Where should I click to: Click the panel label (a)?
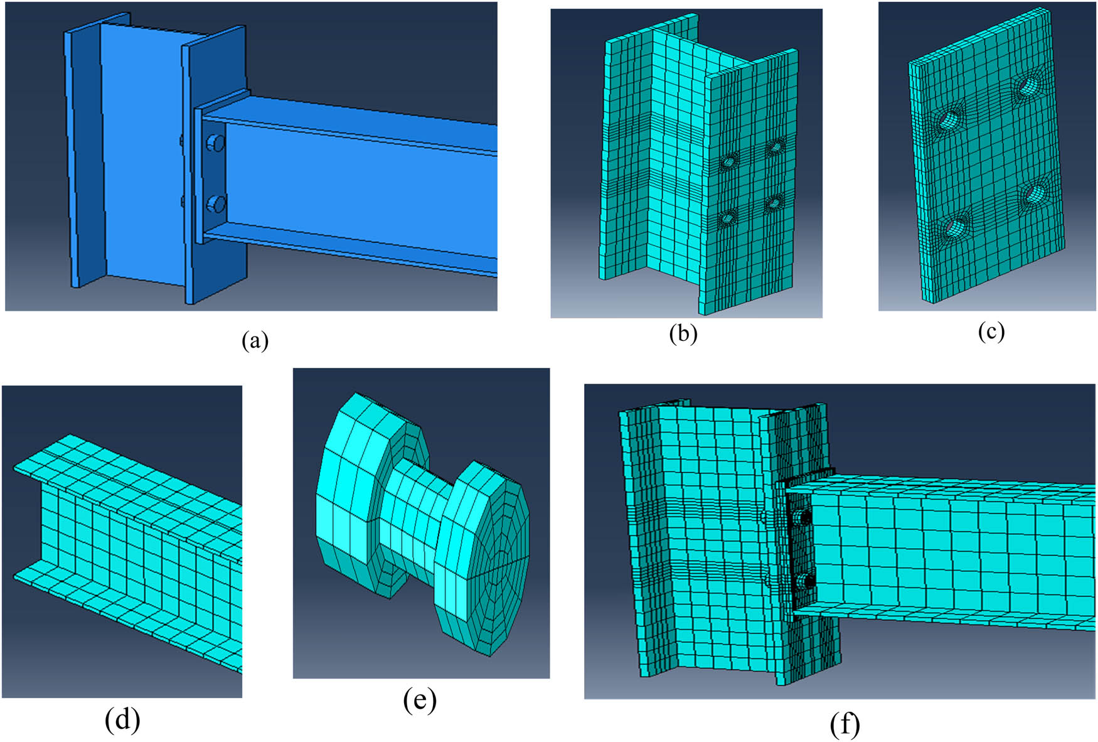point(255,341)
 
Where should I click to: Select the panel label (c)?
point(991,331)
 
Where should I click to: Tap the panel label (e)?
point(420,701)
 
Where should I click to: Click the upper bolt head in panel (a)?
point(216,144)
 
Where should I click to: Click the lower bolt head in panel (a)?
point(216,204)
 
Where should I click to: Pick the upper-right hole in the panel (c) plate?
point(1027,86)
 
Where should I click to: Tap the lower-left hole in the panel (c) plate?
point(955,225)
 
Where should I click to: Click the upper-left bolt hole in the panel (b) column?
point(728,161)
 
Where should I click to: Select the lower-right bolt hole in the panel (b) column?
point(774,203)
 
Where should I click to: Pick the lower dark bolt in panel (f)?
point(808,581)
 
